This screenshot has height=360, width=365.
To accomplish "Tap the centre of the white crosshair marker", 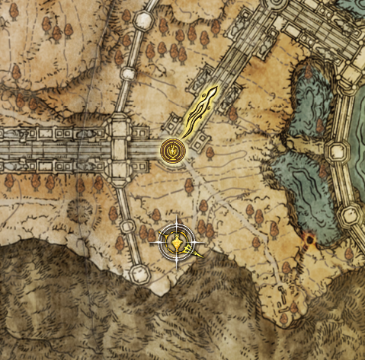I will tap(178, 243).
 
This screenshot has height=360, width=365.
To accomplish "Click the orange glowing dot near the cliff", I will tap(309, 241).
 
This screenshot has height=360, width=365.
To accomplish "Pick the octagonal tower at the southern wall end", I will tap(139, 273).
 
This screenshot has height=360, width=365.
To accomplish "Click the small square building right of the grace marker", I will tap(207, 150).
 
